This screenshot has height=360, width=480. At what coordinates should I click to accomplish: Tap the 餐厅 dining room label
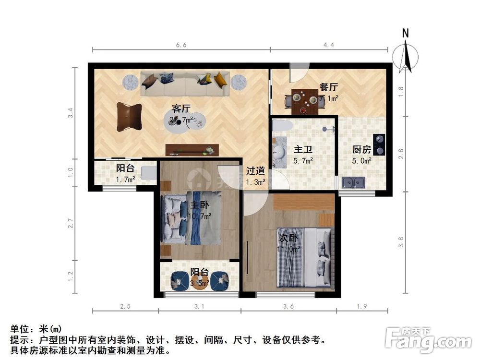[329, 87]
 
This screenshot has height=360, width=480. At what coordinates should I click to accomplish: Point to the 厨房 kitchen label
[361, 149]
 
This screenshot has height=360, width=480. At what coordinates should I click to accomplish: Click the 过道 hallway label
[255, 170]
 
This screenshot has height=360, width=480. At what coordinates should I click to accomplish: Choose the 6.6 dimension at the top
[181, 45]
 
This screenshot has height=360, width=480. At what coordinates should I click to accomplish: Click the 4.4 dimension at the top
[328, 45]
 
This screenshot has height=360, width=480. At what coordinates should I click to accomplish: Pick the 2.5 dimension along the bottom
[125, 306]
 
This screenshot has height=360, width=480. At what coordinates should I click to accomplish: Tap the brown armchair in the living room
[129, 116]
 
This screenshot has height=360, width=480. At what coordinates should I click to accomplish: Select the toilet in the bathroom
[282, 126]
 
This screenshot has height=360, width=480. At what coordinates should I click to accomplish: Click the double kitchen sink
[353, 182]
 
